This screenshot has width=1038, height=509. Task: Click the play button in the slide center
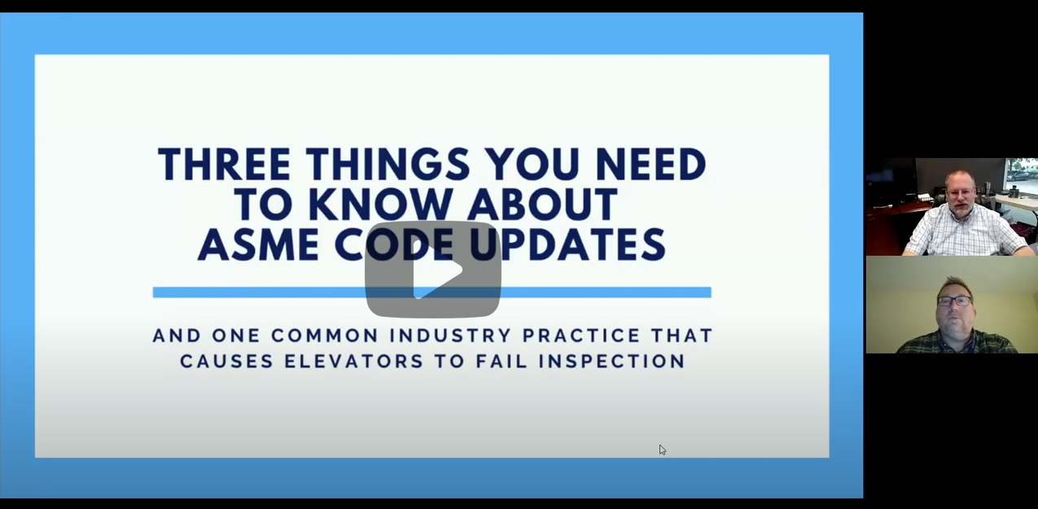coord(433,269)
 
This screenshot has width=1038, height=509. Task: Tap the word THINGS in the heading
coord(388,165)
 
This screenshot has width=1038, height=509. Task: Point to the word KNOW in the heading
coord(383,204)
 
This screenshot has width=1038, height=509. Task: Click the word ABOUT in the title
coord(542,204)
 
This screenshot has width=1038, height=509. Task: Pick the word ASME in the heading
coord(259,245)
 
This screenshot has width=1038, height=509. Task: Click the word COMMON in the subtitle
coord(325,336)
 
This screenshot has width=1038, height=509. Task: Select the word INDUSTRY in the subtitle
coord(450,336)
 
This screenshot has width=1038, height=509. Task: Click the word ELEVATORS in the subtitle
coord(353,362)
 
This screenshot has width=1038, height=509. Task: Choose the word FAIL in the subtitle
coord(501,362)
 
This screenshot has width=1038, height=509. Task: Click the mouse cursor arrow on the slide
coord(663,450)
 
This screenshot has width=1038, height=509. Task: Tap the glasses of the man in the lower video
coord(955,301)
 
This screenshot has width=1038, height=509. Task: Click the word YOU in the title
coord(532,165)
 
